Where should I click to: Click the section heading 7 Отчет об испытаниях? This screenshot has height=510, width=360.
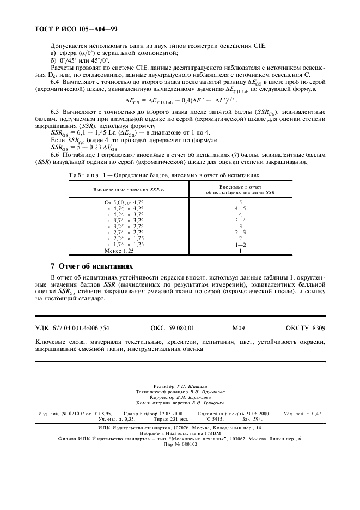pyautogui.click(x=91, y=266)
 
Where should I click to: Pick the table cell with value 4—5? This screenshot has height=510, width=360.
pyautogui.click(x=240, y=208)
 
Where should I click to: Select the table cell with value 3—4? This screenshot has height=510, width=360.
pyautogui.click(x=240, y=220)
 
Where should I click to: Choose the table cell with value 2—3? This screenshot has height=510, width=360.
pyautogui.click(x=240, y=233)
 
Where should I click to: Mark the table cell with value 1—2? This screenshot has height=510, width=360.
pyautogui.click(x=240, y=245)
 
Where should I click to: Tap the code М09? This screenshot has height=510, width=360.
pyautogui.click(x=239, y=329)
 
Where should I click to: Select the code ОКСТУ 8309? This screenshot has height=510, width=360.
pyautogui.click(x=305, y=329)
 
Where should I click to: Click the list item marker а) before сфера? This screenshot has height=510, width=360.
pyautogui.click(x=53, y=53)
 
